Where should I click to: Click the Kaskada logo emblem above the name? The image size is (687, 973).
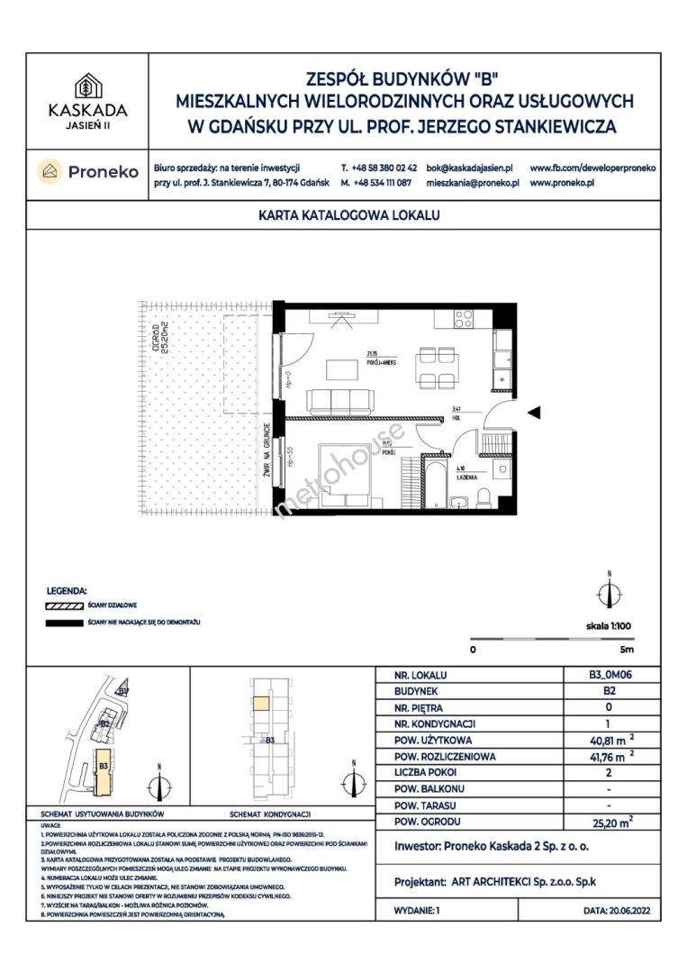point(87,86)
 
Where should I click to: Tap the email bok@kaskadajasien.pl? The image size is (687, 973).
point(469,168)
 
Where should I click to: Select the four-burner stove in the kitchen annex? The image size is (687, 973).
point(464,318)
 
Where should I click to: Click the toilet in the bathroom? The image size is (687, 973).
point(484,497)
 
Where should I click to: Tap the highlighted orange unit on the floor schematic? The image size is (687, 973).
point(258,705)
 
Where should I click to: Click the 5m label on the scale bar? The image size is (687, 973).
point(627,649)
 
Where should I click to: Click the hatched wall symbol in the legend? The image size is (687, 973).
point(64,606)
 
